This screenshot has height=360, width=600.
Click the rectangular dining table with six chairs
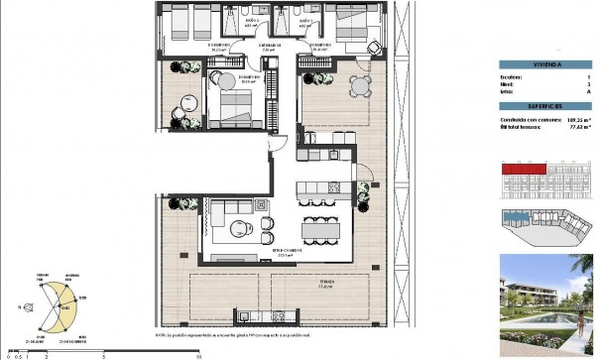point(317,227)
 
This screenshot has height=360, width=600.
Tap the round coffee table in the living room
point(238,229)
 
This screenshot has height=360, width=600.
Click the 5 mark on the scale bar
point(103,354)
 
